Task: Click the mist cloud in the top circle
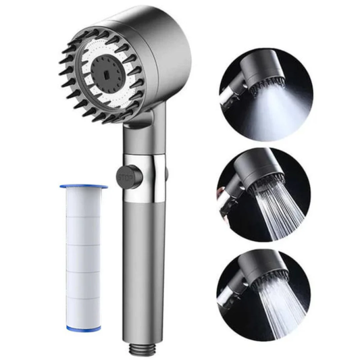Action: click(x=284, y=108)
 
